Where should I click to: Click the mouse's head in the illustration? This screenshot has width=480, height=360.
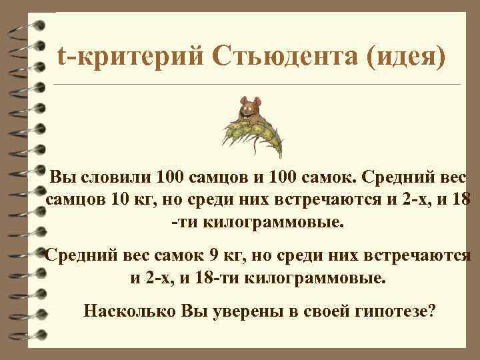251,105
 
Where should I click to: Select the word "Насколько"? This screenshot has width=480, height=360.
127,311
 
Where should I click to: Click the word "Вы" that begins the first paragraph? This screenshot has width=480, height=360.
63,179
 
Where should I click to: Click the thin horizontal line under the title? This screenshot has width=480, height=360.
256,85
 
